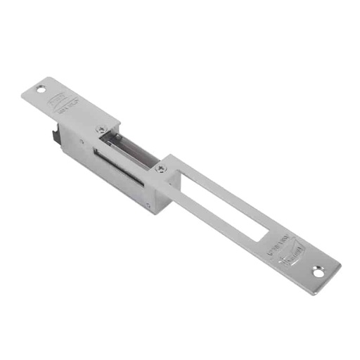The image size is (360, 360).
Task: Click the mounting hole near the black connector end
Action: tap(41, 90)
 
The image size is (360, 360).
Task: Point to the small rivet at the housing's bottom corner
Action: tap(148, 205)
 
